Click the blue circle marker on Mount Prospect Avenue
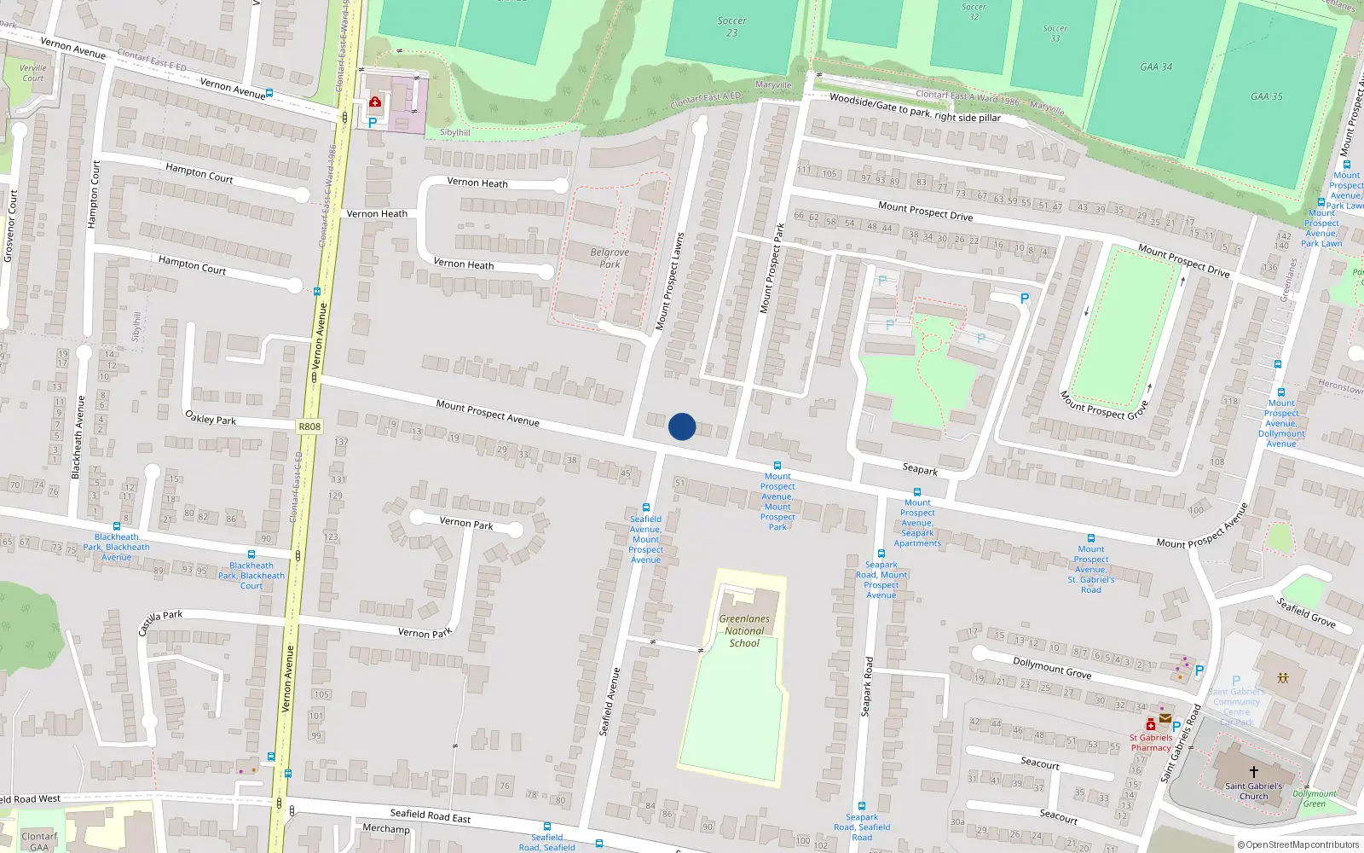[682, 426]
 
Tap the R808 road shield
[309, 426]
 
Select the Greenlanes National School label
[744, 631]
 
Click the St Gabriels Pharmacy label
[1151, 743]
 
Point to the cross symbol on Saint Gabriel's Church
[1253, 772]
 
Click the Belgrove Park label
[610, 258]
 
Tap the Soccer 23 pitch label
[731, 26]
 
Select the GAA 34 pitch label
[1156, 67]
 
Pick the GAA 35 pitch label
[1266, 96]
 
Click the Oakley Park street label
[211, 418]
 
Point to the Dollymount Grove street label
[1052, 667]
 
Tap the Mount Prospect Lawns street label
[670, 281]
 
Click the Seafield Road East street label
[431, 815]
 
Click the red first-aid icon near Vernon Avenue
[375, 102]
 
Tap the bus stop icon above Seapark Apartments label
[917, 492]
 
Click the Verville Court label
[33, 73]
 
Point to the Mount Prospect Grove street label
[1104, 404]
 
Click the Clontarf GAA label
[39, 842]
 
